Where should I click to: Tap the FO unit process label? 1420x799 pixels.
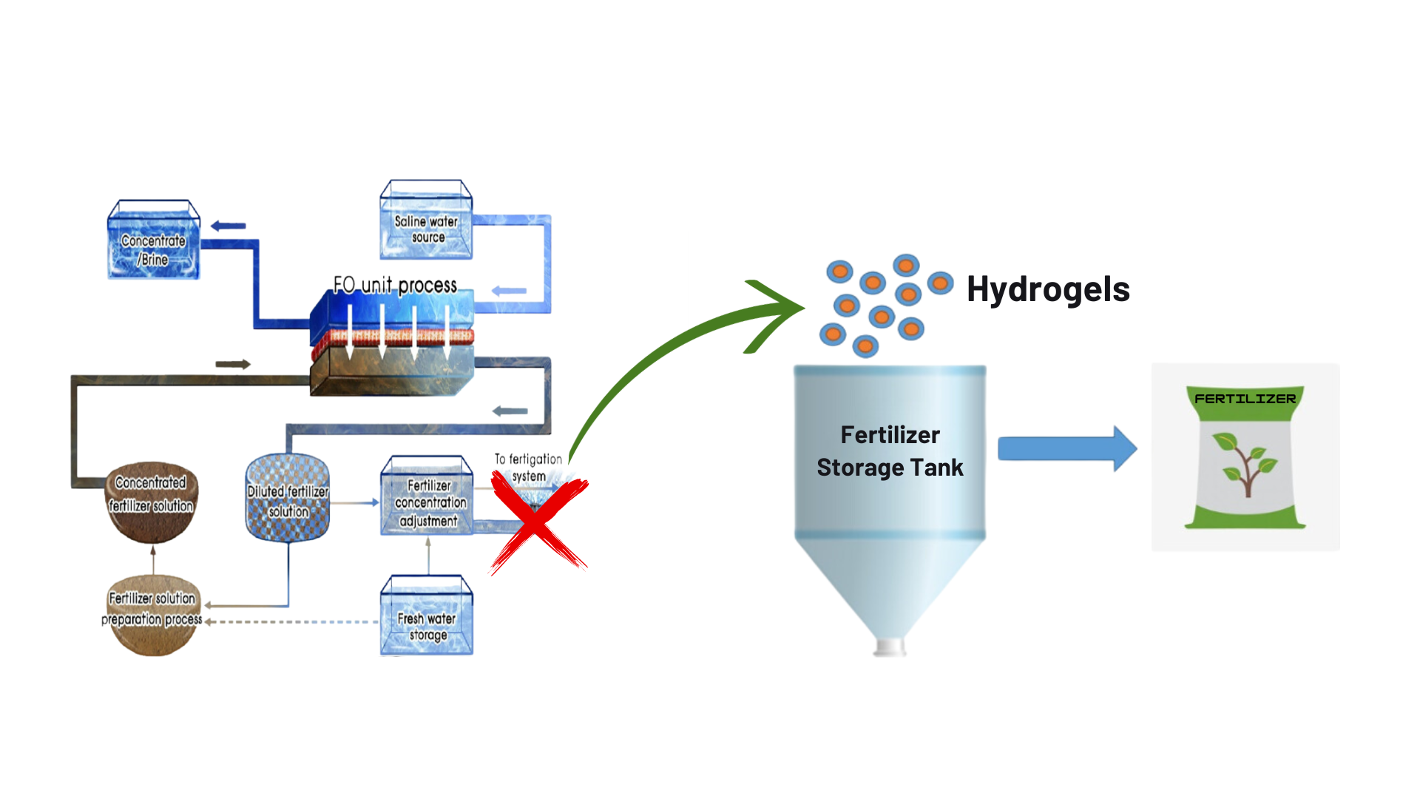click(x=395, y=285)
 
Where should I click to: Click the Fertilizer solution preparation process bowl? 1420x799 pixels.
click(x=152, y=615)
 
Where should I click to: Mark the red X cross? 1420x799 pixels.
click(x=538, y=522)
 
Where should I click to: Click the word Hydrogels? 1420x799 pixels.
click(x=1048, y=289)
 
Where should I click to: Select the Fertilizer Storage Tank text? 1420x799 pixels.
click(x=890, y=451)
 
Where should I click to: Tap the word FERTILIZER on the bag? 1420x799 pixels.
click(x=1245, y=399)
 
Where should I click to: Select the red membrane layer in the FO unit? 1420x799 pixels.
click(x=392, y=338)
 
